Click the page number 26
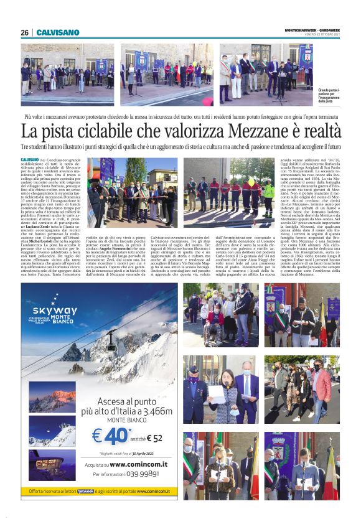coord(24,32)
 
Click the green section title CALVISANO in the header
coord(58,32)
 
